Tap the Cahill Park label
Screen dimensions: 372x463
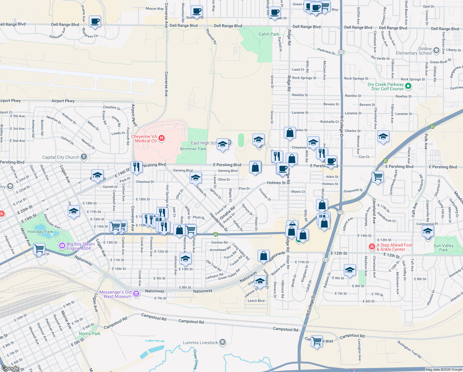(x=269, y=34)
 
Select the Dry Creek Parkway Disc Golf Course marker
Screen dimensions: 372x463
(x=408, y=86)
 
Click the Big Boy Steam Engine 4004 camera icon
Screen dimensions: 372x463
(x=62, y=246)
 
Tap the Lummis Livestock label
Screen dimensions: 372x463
(x=200, y=343)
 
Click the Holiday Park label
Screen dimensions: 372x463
(x=40, y=232)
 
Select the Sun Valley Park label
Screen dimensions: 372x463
(x=443, y=248)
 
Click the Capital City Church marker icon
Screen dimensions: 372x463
(x=84, y=157)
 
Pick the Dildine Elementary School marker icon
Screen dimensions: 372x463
(x=436, y=50)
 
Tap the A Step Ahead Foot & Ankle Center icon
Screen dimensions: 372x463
(x=372, y=247)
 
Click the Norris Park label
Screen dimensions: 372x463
(x=89, y=334)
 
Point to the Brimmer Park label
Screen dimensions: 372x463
(x=193, y=149)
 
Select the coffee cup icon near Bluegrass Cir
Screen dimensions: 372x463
(x=95, y=21)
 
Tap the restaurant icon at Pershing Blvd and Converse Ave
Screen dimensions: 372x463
(x=136, y=166)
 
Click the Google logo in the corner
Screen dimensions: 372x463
(x=10, y=368)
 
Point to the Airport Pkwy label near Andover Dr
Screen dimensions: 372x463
(x=63, y=101)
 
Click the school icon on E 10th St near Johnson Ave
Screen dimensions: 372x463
(x=185, y=259)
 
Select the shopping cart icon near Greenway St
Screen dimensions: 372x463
(x=378, y=177)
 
